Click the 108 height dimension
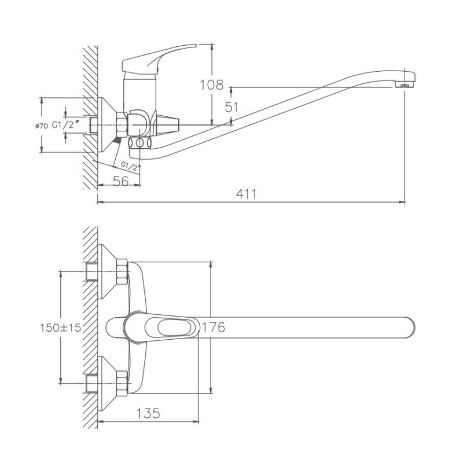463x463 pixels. point(212,85)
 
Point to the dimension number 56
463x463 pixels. point(120,181)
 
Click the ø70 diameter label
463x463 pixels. point(41,125)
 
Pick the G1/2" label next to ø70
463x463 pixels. point(64,125)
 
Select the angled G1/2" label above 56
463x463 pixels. point(131,167)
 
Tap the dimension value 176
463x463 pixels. point(212,328)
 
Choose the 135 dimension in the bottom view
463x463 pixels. point(148,413)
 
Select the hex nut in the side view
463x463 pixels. point(122,123)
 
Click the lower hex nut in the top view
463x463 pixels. point(122,383)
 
